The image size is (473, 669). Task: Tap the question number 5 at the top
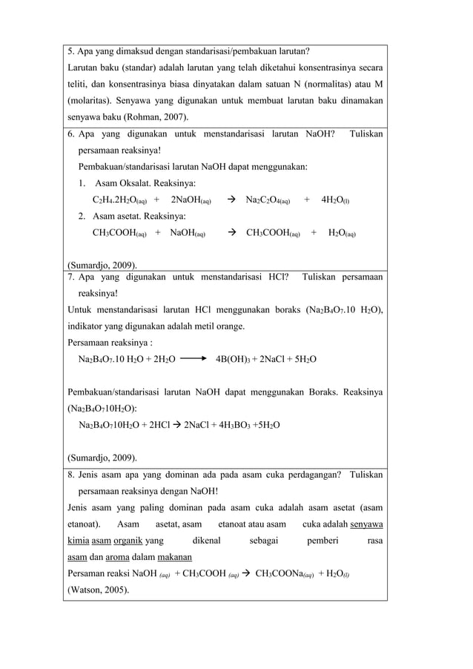[x=70, y=51]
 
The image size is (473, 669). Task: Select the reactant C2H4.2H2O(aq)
[x=119, y=200]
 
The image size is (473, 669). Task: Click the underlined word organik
[x=130, y=541]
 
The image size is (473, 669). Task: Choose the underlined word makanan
[x=174, y=557]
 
